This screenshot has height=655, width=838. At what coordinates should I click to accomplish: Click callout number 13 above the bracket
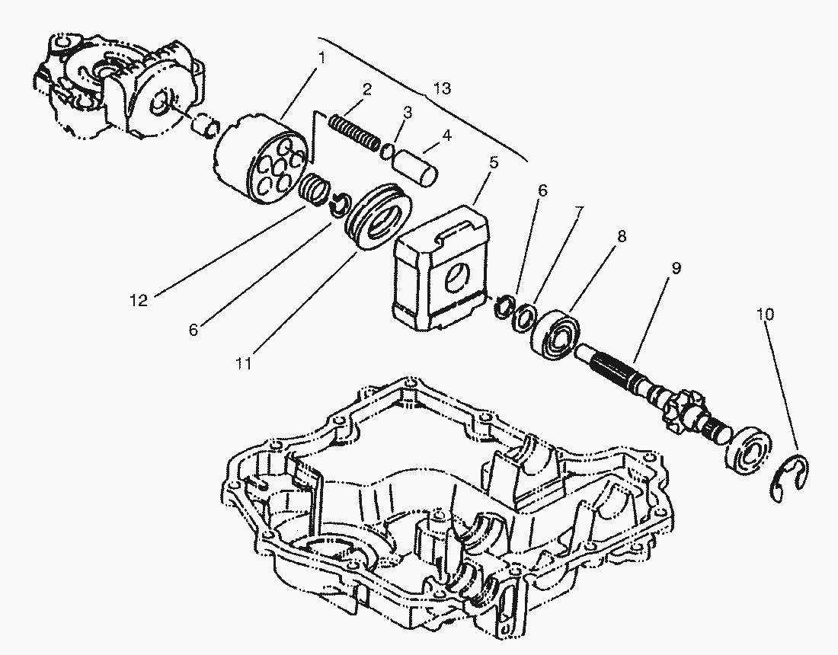click(x=442, y=88)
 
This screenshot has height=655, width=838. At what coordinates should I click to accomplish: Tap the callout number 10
click(x=765, y=314)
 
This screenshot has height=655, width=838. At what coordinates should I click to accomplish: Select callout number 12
click(x=139, y=301)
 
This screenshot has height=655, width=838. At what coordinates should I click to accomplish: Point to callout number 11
click(x=243, y=364)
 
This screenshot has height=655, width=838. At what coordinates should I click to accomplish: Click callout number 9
click(x=676, y=267)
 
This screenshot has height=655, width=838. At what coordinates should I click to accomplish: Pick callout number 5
click(x=494, y=162)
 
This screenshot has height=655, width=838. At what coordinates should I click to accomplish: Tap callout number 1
click(x=321, y=58)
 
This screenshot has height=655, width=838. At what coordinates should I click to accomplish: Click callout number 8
click(x=621, y=236)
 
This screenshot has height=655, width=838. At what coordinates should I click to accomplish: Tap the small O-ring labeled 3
click(x=388, y=152)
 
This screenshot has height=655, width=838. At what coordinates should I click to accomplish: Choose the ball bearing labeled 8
click(x=556, y=332)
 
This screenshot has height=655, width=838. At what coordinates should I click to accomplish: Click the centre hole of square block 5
click(x=459, y=278)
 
